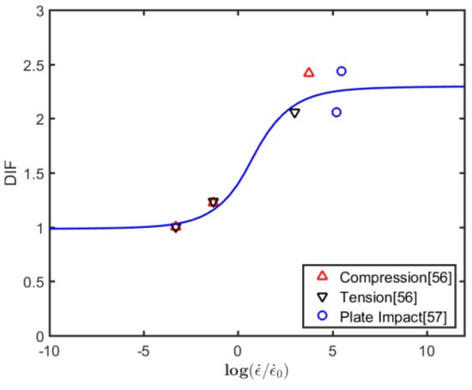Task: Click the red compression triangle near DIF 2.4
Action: (309, 73)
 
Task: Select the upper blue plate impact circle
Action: (342, 71)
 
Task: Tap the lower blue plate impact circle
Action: (336, 112)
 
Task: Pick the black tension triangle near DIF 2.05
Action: (294, 113)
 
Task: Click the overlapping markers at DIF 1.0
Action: (176, 227)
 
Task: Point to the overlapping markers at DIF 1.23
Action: (213, 202)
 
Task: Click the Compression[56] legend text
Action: (396, 277)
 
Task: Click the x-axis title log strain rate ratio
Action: (256, 373)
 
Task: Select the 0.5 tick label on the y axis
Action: (35, 283)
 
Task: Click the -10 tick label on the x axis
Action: (50, 351)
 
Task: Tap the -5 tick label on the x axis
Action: (142, 351)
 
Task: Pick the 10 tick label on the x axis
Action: (427, 351)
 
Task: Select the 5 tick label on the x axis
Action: (333, 351)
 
